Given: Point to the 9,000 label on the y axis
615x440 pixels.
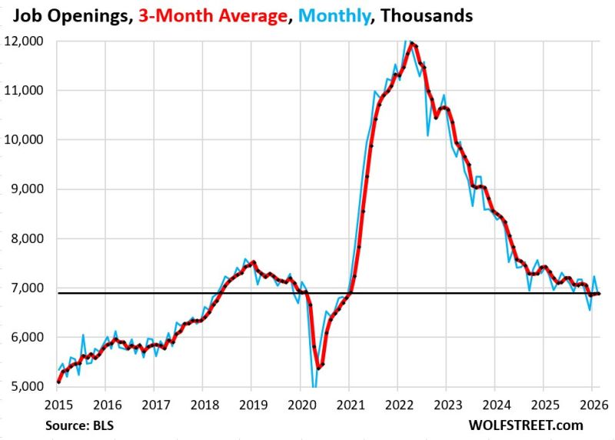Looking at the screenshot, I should tap(26, 188).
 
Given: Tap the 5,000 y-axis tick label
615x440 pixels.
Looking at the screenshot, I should tap(26, 386).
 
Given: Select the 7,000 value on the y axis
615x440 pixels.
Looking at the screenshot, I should tap(26, 288).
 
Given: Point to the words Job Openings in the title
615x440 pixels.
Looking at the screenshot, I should tap(63, 15).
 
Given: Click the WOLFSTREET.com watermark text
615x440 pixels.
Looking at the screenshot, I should tap(543, 424).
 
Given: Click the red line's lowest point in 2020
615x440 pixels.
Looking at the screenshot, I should tap(319, 368).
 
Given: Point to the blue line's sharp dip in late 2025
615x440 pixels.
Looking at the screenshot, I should tap(590, 310).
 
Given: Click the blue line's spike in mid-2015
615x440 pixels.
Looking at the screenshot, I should tap(83, 335).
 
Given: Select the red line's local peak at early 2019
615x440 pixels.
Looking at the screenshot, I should tap(254, 262).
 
